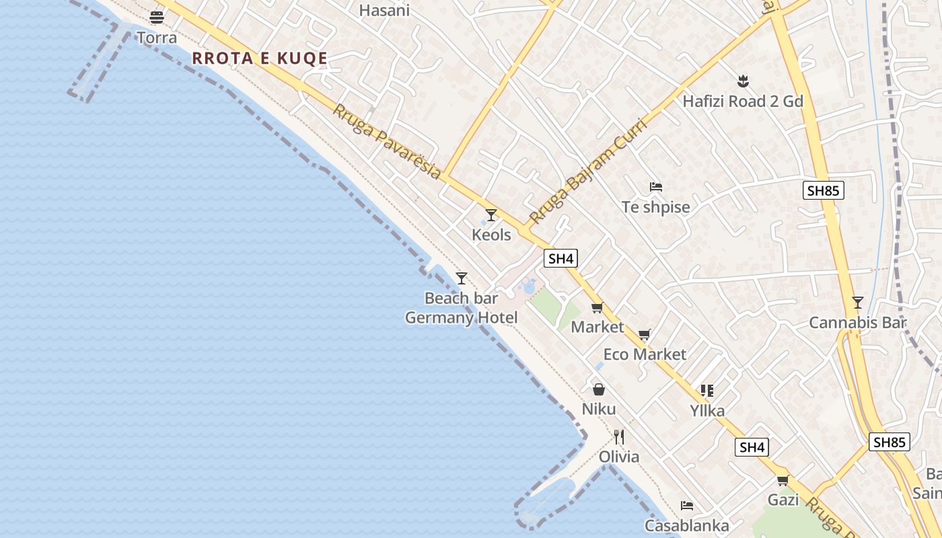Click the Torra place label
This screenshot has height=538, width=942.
(x=157, y=38)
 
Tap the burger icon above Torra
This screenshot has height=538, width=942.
(x=157, y=17)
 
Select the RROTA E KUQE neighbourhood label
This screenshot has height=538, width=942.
(x=260, y=59)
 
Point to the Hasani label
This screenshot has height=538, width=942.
(x=384, y=10)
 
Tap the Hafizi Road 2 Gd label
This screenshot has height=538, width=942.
(x=743, y=102)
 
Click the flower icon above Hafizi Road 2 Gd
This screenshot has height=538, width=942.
(x=743, y=81)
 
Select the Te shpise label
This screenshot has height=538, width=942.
(x=656, y=207)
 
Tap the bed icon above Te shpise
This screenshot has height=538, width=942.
(x=656, y=186)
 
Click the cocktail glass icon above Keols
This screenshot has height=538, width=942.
(x=491, y=215)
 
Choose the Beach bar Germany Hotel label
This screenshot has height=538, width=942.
(x=462, y=308)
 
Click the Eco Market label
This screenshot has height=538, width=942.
(x=645, y=354)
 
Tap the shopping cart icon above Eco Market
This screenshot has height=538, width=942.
(x=645, y=334)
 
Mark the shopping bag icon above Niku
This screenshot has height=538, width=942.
(x=599, y=389)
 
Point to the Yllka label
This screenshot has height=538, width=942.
(x=707, y=410)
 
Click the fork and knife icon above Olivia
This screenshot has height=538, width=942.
(x=619, y=437)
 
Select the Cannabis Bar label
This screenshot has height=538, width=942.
(x=857, y=323)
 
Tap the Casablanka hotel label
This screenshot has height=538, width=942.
(x=687, y=525)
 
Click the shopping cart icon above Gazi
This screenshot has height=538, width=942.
(x=783, y=480)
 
